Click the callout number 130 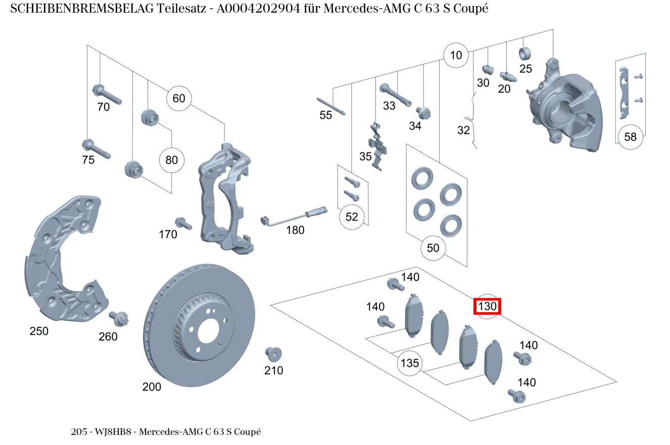(x=487, y=306)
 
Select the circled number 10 (x=456, y=55)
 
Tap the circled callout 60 (x=179, y=98)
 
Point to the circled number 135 (x=410, y=363)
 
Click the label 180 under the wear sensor (x=295, y=230)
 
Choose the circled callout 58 (x=630, y=137)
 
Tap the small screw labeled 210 (x=273, y=354)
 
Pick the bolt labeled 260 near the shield (x=119, y=319)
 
